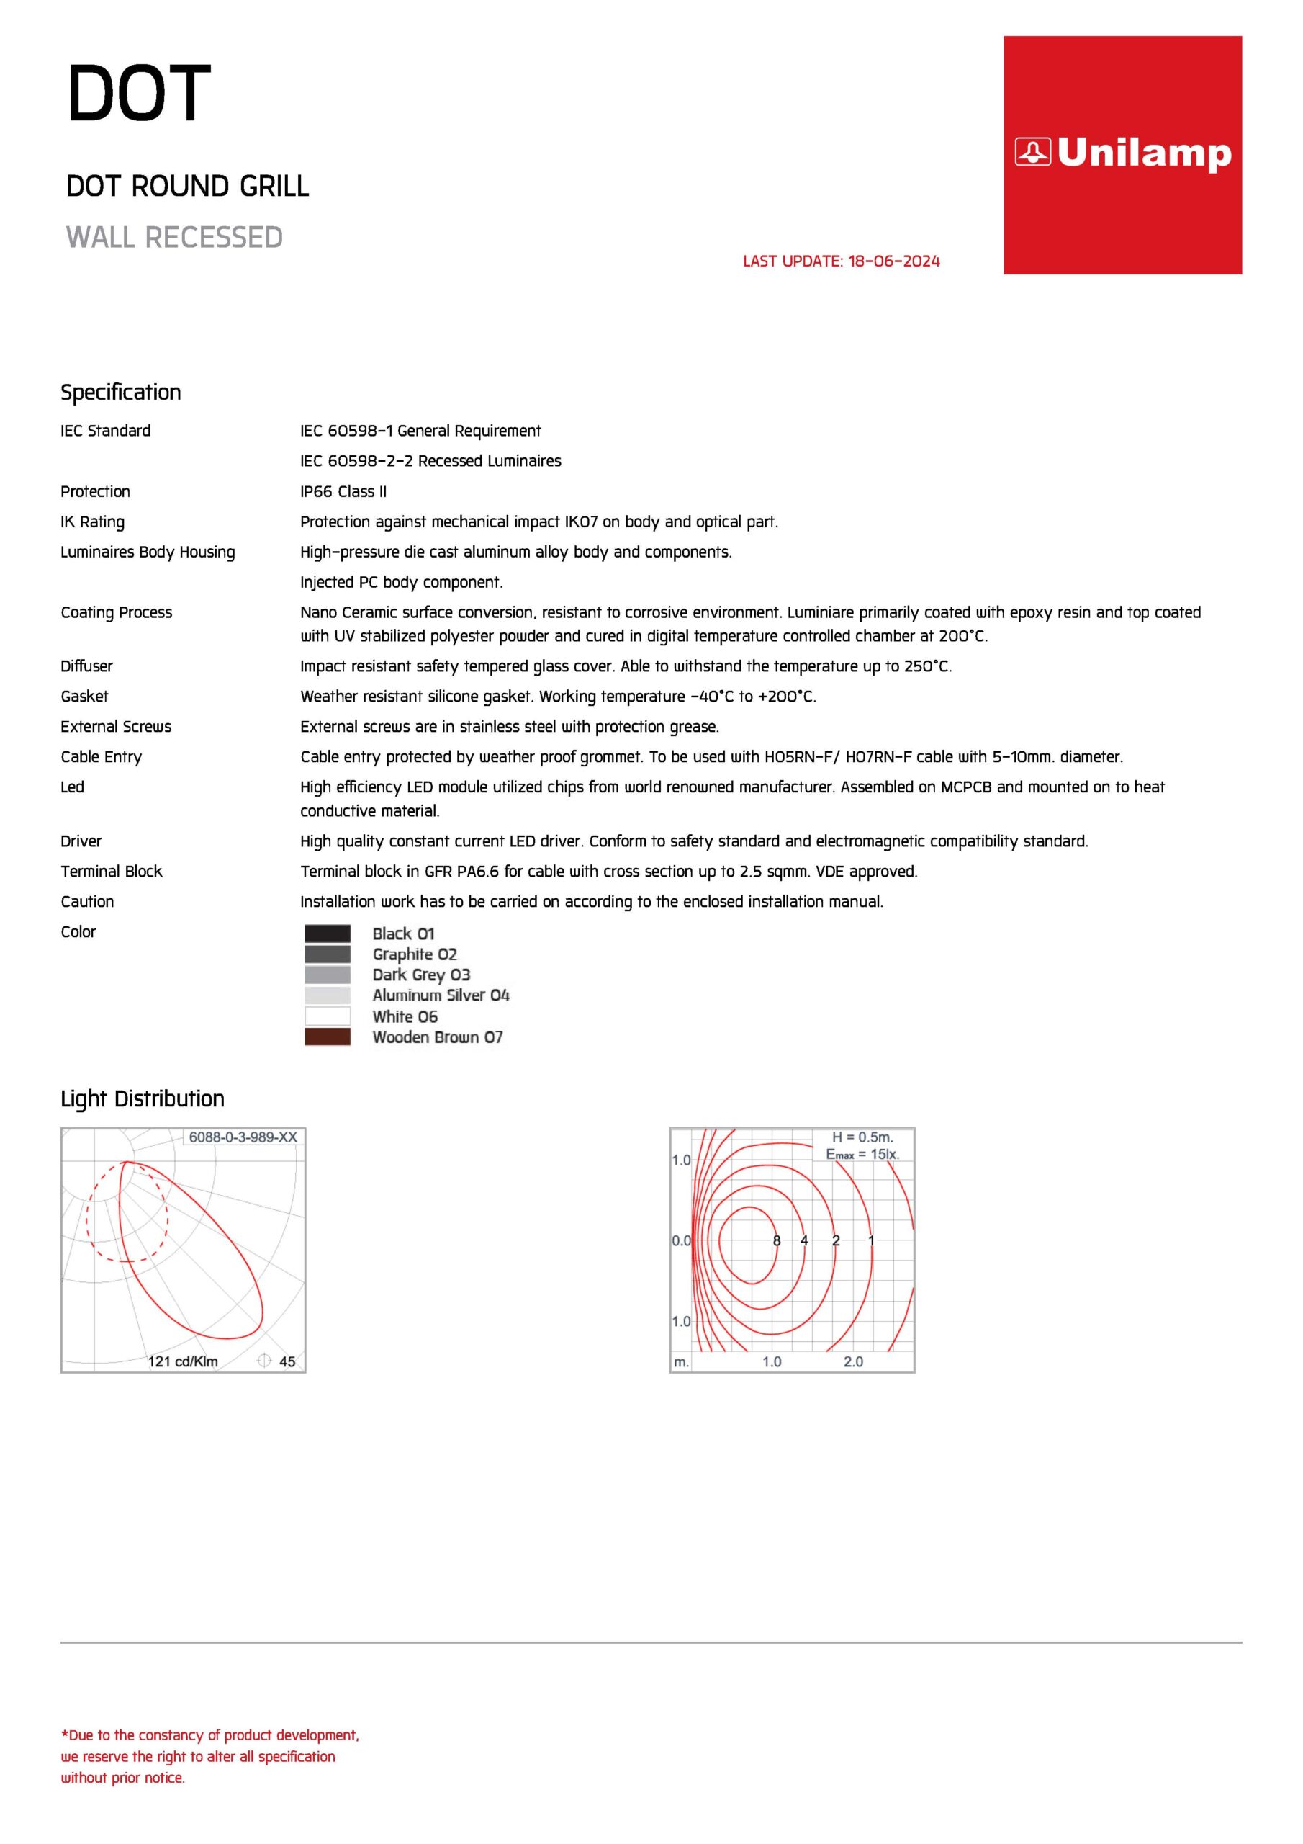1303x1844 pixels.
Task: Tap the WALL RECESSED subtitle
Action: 174,238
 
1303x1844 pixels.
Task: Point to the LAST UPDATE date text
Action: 841,261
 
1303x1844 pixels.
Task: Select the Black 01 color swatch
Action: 328,934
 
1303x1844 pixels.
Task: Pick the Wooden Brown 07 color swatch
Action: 328,1037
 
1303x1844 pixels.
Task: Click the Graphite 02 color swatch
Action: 328,954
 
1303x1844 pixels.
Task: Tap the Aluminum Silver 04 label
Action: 441,995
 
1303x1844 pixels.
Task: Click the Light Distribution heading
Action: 142,1098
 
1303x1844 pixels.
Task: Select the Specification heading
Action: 120,392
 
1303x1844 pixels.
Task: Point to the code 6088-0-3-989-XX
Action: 243,1137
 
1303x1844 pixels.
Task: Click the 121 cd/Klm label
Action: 182,1361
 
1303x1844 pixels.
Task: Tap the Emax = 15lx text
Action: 862,1154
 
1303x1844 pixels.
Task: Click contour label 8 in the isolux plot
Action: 776,1241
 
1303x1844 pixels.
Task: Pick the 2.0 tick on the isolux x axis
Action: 852,1361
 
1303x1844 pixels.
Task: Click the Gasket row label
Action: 84,697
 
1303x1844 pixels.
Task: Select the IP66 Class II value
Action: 343,491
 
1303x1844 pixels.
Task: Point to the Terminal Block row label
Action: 111,872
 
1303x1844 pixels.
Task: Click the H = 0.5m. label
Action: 862,1137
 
